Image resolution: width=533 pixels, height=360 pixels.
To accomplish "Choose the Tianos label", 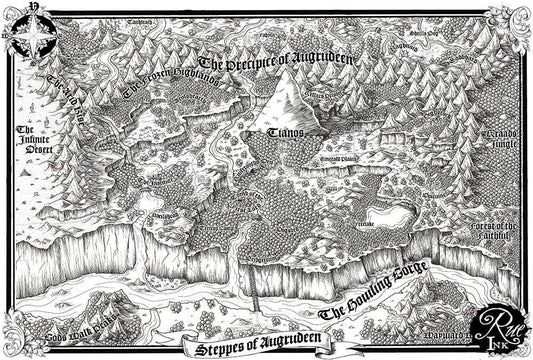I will point(286,132).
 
